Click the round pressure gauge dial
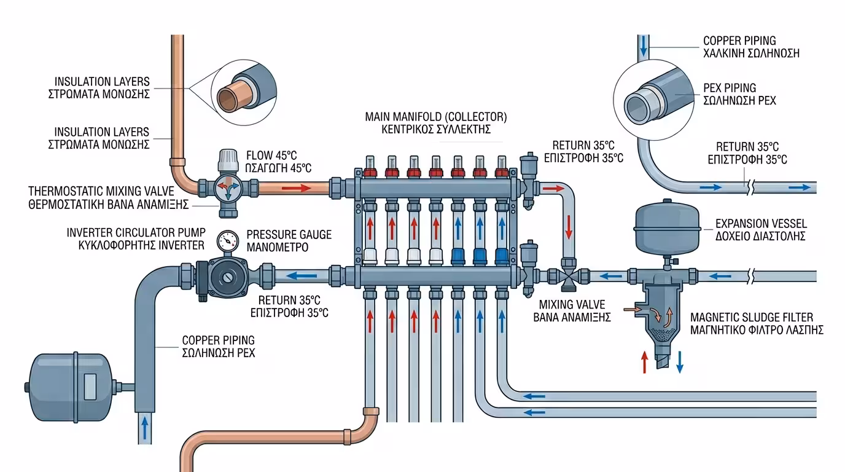pyautogui.click(x=228, y=241)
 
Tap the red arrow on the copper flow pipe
pyautogui.click(x=297, y=187)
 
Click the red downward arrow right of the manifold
pyautogui.click(x=569, y=227)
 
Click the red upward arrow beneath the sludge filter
pyautogui.click(x=644, y=363)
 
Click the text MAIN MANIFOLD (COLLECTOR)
pyautogui.click(x=436, y=116)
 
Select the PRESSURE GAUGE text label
pyautogui.click(x=289, y=235)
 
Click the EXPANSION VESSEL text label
pyautogui.click(x=761, y=224)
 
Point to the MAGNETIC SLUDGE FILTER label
pyautogui.click(x=752, y=317)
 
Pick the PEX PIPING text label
pyautogui.click(x=730, y=88)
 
